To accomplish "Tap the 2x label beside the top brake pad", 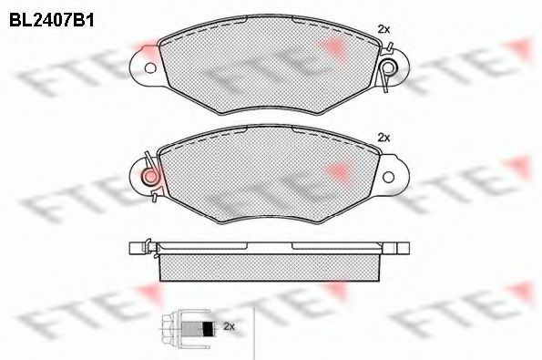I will (x=383, y=30).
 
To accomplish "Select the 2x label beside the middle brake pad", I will (x=383, y=138).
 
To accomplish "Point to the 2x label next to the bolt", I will (x=230, y=325).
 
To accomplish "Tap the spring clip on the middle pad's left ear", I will (x=148, y=174).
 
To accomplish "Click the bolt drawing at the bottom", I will (x=192, y=326).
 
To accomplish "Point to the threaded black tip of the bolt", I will (x=209, y=326).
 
